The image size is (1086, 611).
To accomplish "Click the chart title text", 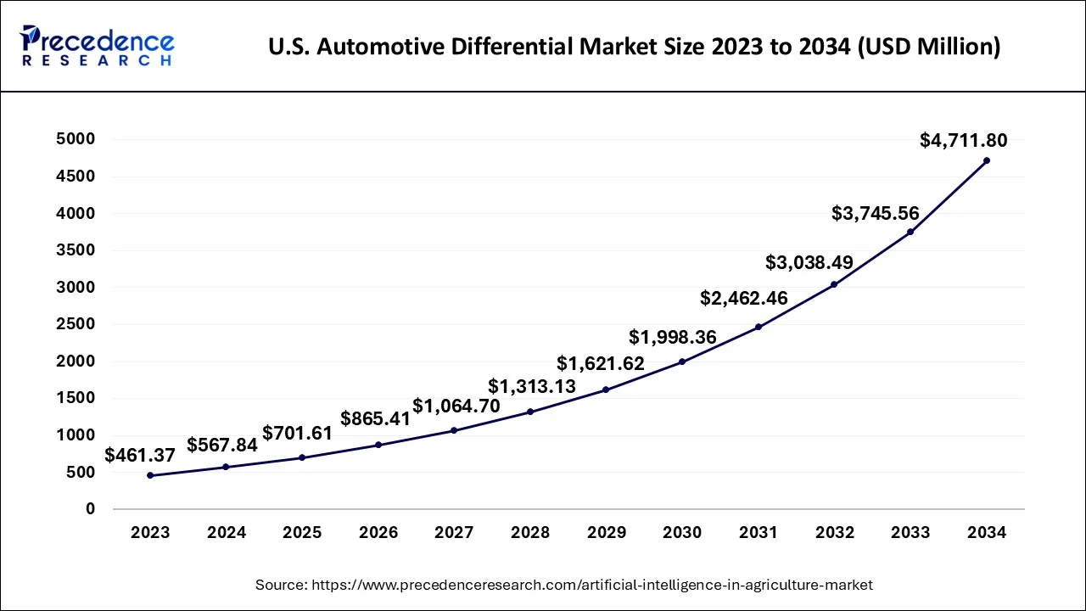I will click(634, 48).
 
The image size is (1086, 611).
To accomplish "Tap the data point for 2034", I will click(986, 160).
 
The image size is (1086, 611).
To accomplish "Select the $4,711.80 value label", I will click(963, 141).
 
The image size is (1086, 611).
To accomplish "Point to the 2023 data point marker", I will click(150, 475).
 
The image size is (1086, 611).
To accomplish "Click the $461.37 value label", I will click(140, 456).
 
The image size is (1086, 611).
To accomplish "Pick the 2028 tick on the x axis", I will click(529, 533).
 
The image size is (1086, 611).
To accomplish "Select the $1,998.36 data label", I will click(672, 338).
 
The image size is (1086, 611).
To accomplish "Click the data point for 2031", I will click(758, 327).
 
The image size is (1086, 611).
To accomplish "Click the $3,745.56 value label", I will click(876, 214).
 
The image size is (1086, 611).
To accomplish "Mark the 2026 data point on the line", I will click(378, 445).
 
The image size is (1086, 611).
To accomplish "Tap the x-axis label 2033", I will click(910, 533).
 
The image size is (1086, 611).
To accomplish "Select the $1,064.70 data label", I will click(456, 406).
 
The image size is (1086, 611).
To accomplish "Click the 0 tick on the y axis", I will click(90, 509).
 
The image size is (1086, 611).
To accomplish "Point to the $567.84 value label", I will click(221, 446).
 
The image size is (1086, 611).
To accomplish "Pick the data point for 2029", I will click(606, 390).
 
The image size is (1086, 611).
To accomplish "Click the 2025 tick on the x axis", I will click(302, 533).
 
